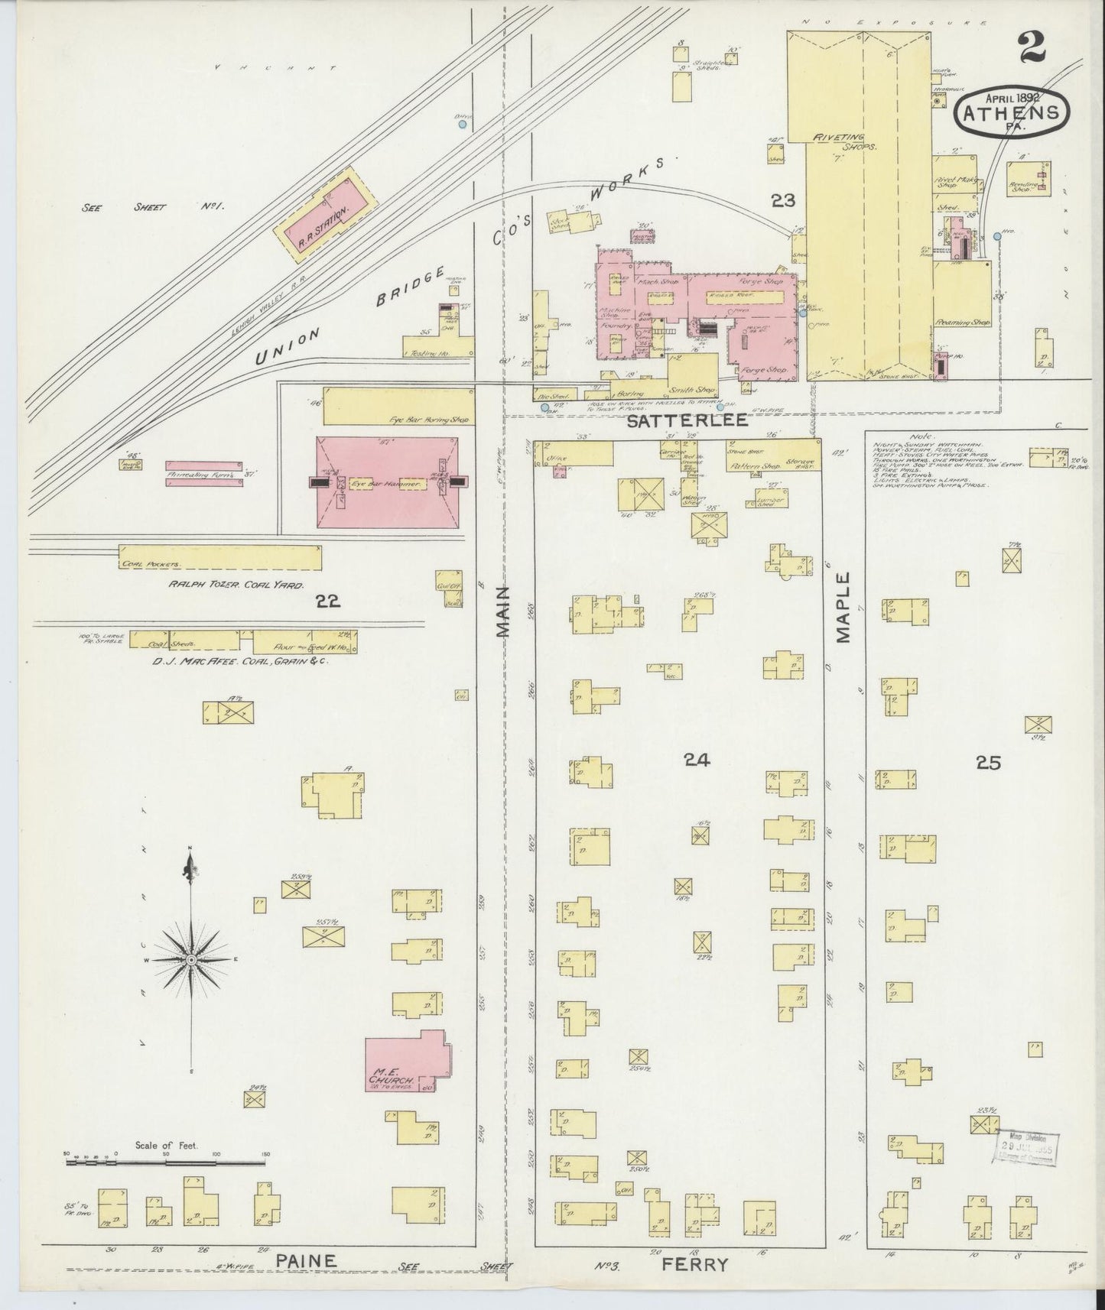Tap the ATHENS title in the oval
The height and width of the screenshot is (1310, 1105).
[x=1012, y=112]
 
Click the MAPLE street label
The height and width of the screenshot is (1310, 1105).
[x=843, y=608]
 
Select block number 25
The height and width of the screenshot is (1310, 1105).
[x=988, y=762]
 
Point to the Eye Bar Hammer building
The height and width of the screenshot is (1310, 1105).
[x=387, y=485]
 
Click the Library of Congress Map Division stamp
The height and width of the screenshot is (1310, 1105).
[x=1026, y=1147]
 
